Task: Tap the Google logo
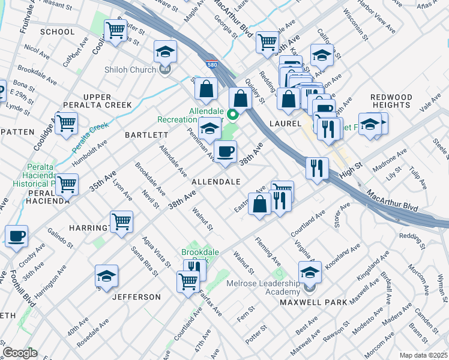tap(20, 353)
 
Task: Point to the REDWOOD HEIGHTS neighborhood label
tap(391, 101)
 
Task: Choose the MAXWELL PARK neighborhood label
tap(313, 302)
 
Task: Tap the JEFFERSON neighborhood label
tap(136, 297)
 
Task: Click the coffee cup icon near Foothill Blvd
tap(16, 235)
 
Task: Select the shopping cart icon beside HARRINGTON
tap(122, 221)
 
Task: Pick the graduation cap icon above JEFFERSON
tap(106, 276)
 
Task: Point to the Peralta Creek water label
tap(91, 136)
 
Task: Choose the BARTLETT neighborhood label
tap(142, 135)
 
